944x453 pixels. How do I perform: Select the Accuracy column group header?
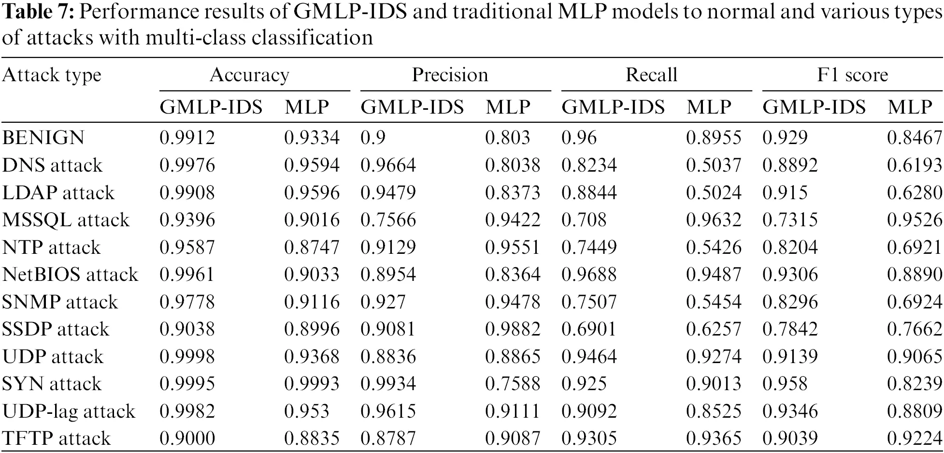249,75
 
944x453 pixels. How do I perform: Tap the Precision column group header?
450,75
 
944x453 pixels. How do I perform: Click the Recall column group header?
651,75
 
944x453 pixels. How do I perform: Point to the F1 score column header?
852,75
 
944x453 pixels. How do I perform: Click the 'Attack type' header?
52,75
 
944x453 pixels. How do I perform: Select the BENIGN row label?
43,138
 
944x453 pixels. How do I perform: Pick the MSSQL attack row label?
66,220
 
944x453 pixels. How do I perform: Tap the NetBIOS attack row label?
70,275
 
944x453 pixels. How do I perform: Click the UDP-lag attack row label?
69,411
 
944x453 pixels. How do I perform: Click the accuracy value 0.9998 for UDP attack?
187,357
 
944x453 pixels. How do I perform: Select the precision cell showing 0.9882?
513,329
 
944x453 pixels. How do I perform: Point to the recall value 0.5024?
714,192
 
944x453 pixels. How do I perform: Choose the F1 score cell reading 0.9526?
915,220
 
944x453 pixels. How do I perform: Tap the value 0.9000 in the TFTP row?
187,438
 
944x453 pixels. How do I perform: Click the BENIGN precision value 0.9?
373,138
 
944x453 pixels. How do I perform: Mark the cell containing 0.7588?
513,384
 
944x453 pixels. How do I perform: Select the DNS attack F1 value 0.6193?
915,165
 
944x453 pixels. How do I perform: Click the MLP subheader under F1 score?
910,107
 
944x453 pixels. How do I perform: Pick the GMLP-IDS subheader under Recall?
613,107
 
